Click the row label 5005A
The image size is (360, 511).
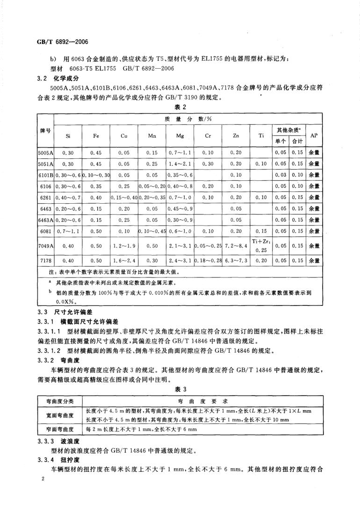tap(46, 152)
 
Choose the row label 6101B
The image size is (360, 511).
tap(46, 175)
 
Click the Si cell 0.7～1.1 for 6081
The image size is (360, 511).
tap(68, 231)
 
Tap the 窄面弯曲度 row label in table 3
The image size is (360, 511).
tap(60, 429)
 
